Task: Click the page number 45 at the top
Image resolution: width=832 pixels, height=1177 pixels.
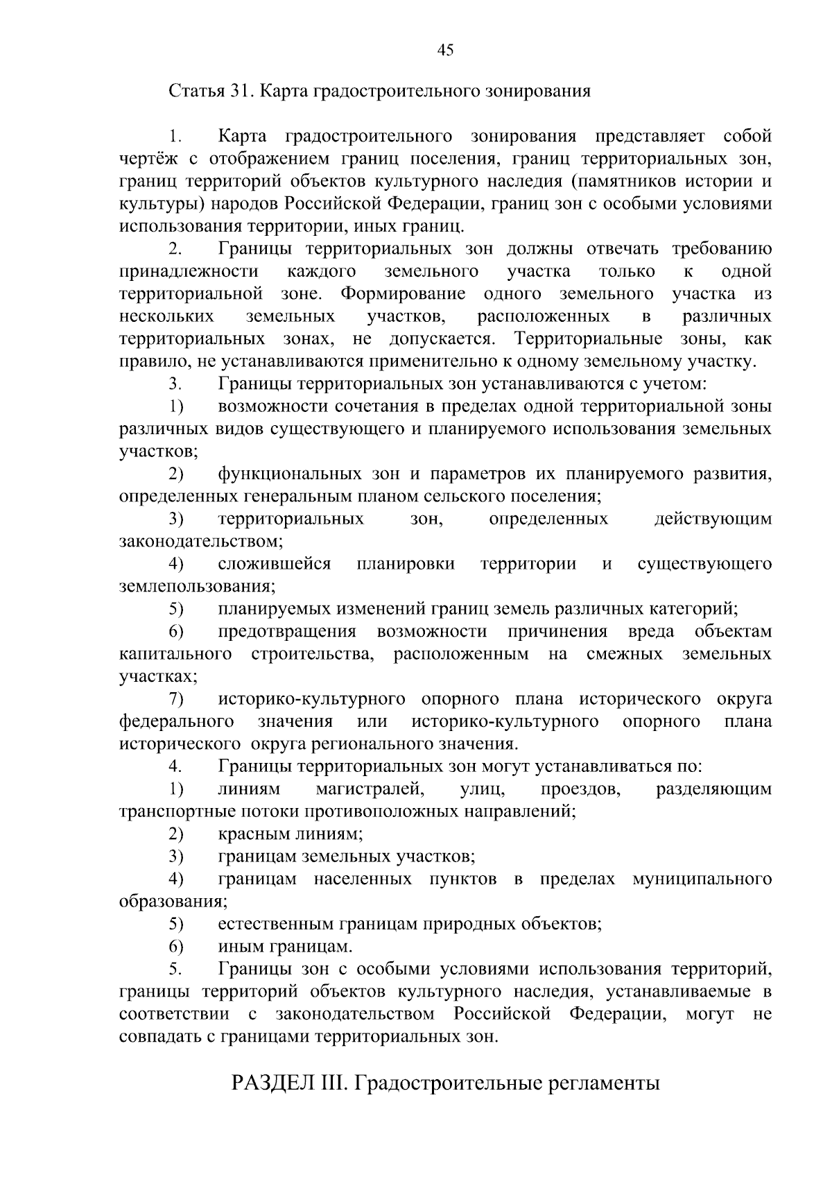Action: [446, 49]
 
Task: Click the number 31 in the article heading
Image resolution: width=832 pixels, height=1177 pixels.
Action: [239, 92]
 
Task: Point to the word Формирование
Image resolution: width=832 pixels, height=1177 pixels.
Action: [403, 294]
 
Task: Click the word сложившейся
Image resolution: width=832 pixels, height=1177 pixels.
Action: [274, 565]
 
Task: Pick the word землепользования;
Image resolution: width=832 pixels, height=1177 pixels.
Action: [197, 587]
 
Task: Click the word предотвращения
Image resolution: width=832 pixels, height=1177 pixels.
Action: [287, 632]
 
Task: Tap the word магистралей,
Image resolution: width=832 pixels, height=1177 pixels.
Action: [369, 789]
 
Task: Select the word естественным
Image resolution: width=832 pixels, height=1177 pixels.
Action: [275, 925]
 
